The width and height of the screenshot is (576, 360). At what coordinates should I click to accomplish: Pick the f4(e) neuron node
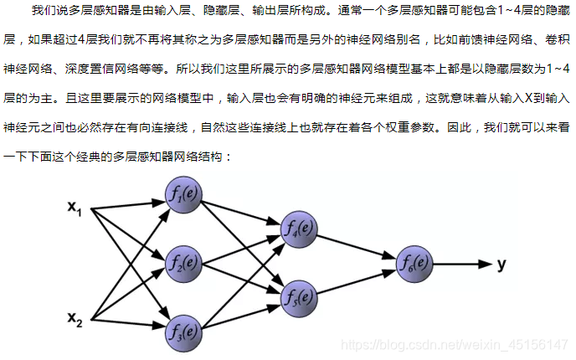298,227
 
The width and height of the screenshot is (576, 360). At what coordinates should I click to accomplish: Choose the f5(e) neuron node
298,296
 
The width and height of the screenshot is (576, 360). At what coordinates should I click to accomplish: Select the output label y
501,264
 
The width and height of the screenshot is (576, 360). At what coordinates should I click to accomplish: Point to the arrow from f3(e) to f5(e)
241,314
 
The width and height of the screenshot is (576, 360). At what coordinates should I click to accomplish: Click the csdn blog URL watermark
457,345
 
